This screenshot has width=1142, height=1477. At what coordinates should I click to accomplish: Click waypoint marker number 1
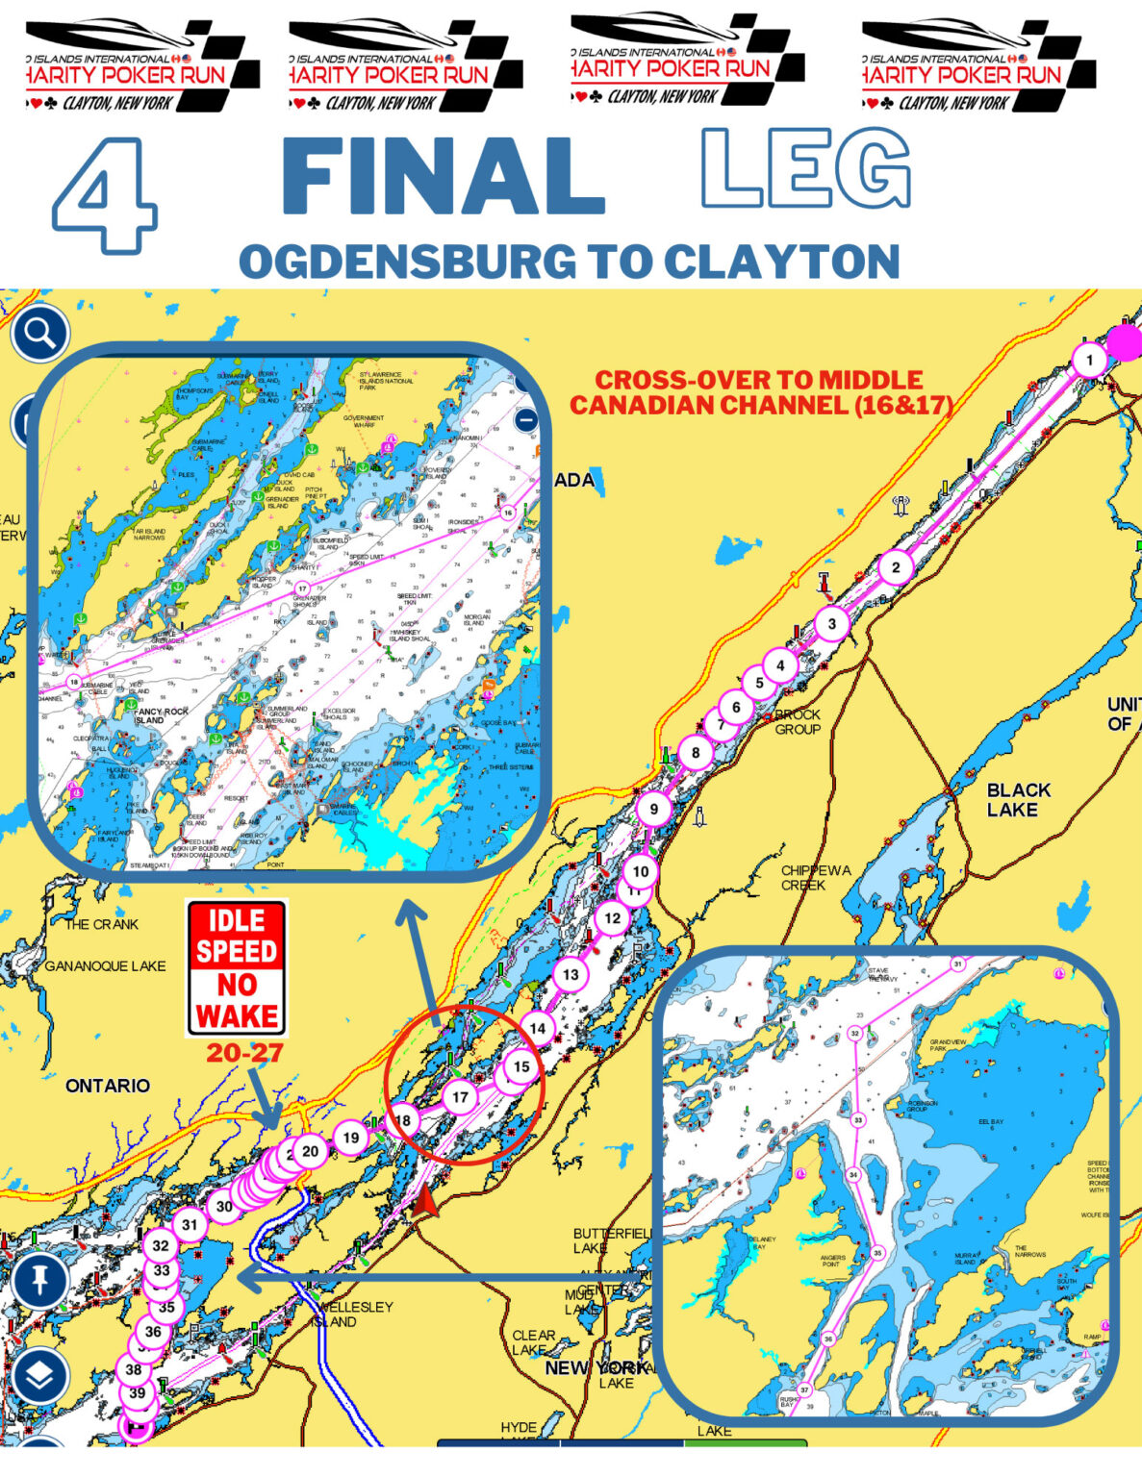coord(1089,362)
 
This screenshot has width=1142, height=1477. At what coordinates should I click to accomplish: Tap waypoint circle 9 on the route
coord(653,809)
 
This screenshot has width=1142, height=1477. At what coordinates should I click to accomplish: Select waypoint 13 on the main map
coord(571,974)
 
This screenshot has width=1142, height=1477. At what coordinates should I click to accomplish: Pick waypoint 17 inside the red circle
coord(460,1097)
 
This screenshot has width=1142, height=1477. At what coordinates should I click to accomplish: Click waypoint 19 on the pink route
coord(351,1138)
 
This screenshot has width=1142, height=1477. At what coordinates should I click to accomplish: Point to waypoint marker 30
coord(223,1206)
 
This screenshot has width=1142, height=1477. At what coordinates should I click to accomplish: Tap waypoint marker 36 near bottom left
coord(153,1332)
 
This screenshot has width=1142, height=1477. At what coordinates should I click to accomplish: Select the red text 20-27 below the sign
coord(244,1054)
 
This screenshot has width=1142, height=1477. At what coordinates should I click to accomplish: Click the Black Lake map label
coord(1018,800)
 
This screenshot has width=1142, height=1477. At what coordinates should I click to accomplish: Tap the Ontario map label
coord(108,1086)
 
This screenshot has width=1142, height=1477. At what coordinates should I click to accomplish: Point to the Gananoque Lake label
coord(106,965)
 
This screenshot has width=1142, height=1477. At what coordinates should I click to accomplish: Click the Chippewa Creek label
coord(815,877)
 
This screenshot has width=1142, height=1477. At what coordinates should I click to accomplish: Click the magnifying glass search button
coord(39,334)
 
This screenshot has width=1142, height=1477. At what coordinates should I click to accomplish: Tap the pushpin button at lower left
coord(39,1281)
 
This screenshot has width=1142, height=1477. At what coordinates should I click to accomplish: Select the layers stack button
coord(39,1377)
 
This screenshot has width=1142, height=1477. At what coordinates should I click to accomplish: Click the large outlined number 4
coord(104,195)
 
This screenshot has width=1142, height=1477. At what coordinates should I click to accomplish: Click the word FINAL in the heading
coord(444,176)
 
